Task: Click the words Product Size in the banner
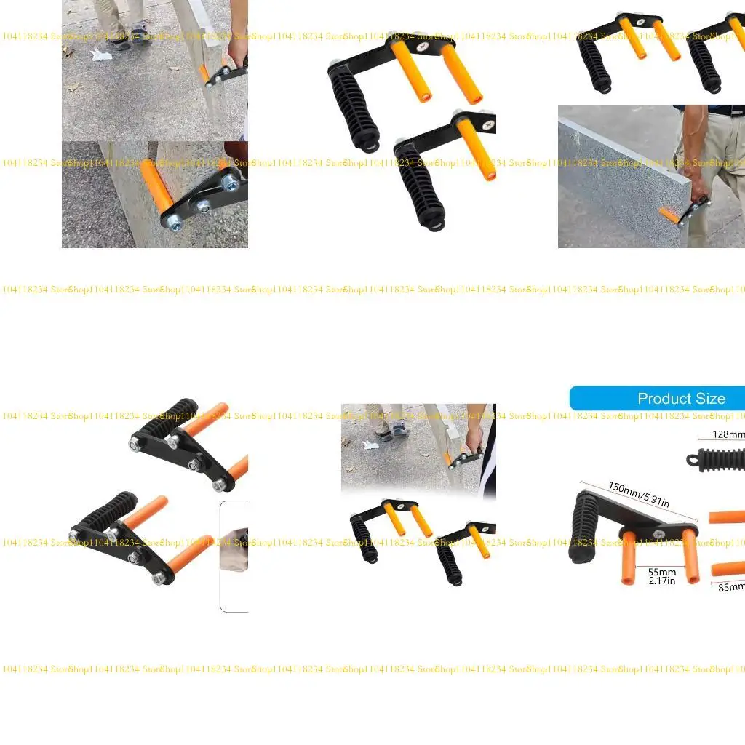(681, 399)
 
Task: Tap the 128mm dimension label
(728, 435)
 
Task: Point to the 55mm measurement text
(662, 573)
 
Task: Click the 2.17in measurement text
(662, 581)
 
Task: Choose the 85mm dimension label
(731, 586)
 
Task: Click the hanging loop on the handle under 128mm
(690, 460)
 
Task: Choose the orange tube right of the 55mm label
(689, 557)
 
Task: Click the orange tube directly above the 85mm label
(728, 567)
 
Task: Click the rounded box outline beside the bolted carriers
(233, 557)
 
